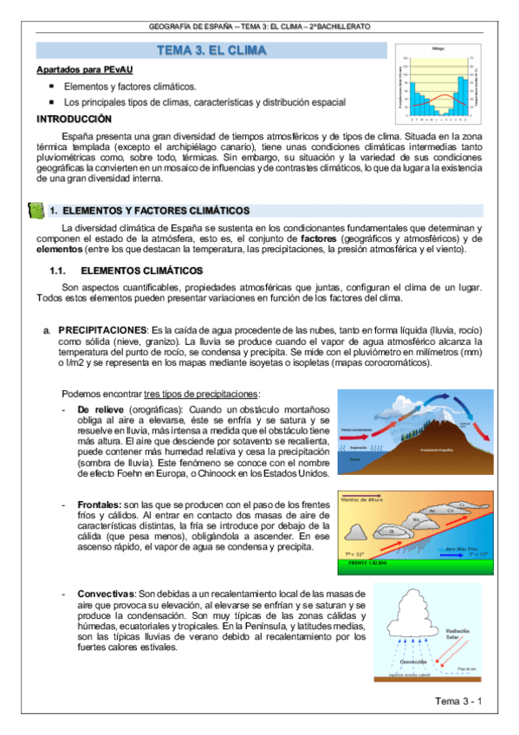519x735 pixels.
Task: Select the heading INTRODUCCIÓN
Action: pyautogui.click(x=74, y=118)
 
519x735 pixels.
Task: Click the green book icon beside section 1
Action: pyautogui.click(x=36, y=211)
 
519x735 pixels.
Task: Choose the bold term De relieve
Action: pyautogui.click(x=101, y=409)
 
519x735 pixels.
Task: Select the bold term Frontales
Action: pyautogui.click(x=100, y=504)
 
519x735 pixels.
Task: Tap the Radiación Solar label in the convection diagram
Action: pyautogui.click(x=469, y=635)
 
